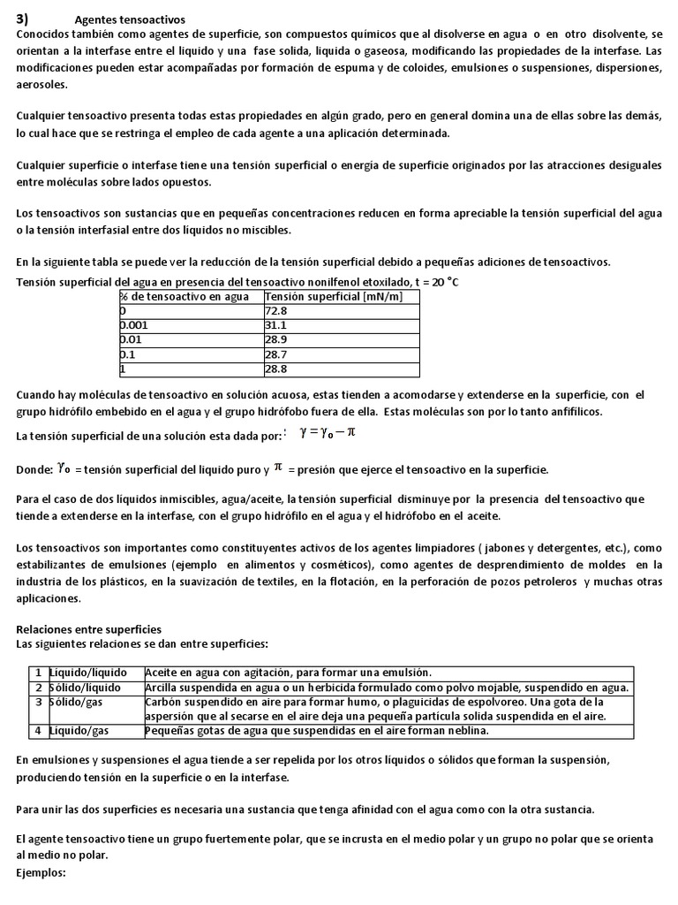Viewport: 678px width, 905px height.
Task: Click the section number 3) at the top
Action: [24, 19]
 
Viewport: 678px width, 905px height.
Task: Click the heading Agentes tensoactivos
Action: [130, 19]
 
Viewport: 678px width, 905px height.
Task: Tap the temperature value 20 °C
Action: [442, 282]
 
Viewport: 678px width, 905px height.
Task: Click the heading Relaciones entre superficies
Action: [89, 629]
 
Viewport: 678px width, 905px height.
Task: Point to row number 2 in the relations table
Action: [39, 688]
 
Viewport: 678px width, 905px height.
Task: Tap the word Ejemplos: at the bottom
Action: [41, 871]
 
